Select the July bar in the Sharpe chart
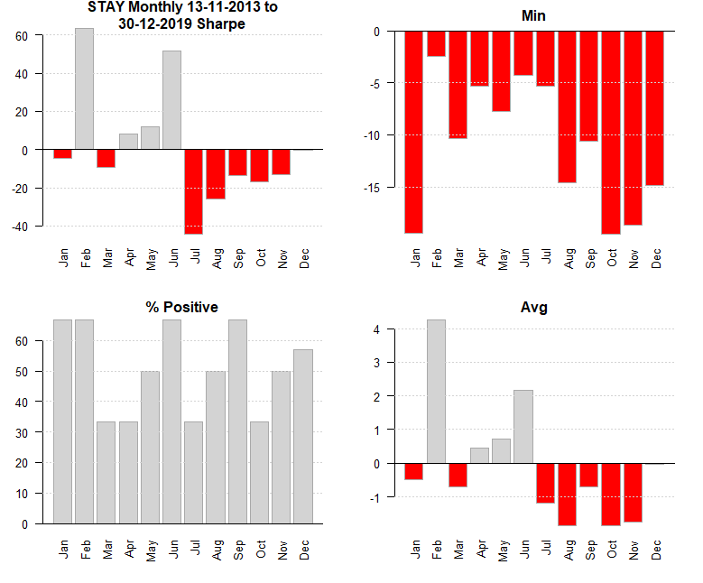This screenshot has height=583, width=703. tap(194, 191)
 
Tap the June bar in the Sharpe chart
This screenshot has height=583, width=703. tap(171, 100)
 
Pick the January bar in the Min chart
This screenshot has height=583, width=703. tap(413, 132)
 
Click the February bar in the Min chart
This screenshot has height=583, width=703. tap(436, 43)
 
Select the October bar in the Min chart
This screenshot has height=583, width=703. tap(611, 133)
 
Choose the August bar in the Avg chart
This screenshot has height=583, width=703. tap(567, 494)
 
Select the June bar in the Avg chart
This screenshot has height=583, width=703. tap(523, 426)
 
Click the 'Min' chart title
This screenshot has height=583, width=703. tap(533, 16)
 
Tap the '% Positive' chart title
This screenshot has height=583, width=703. tap(182, 308)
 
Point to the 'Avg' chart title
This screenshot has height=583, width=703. tap(533, 308)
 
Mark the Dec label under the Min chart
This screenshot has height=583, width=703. tap(655, 259)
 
